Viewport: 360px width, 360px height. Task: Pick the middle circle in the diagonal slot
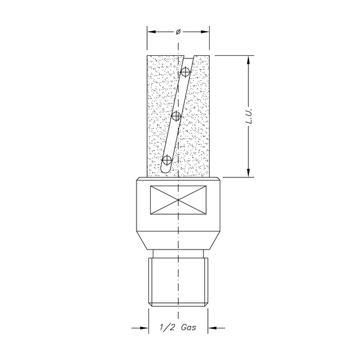[176, 116]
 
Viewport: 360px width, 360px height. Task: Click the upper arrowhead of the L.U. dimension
[248, 59]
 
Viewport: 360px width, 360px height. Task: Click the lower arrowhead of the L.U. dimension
[248, 174]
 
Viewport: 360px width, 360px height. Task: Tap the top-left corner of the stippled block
[146, 55]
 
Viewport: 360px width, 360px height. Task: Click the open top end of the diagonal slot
[189, 56]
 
